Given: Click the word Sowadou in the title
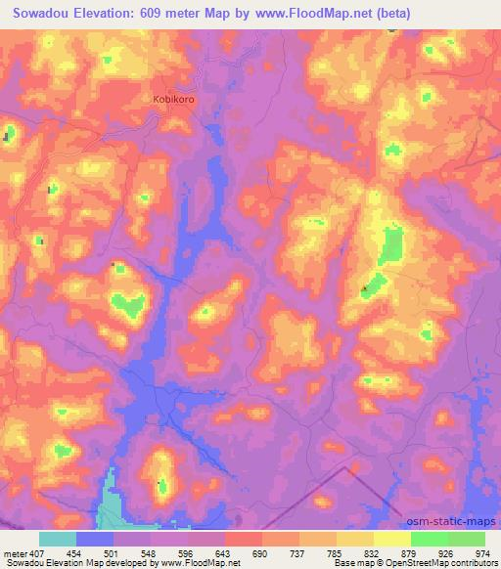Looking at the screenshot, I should click(x=42, y=14).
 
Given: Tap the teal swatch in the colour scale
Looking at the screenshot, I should click(x=58, y=539).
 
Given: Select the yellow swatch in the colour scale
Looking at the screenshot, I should click(x=392, y=539).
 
